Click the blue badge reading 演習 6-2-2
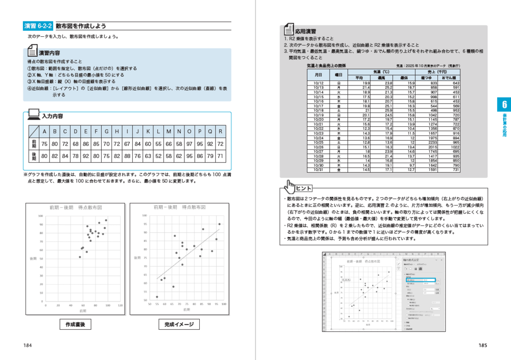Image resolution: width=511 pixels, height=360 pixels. pos(38,26)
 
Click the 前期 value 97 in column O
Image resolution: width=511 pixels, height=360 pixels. pos(190,144)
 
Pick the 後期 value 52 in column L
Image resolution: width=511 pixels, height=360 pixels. pos(158,156)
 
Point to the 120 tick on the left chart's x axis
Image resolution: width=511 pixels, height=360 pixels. pos(120,305)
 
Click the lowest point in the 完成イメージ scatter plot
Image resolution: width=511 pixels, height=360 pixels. pos(157,297)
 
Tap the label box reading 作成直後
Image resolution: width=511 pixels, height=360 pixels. pos(75,324)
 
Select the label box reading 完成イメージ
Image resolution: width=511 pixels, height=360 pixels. pos(178,324)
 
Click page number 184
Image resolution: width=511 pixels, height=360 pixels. pos(28,346)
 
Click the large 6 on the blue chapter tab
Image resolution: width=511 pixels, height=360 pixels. pos(504,105)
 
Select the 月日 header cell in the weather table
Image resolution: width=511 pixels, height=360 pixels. pos(318,75)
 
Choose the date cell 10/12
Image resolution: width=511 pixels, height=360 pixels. pos(318,83)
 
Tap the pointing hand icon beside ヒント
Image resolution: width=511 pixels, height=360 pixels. pos(291,186)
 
